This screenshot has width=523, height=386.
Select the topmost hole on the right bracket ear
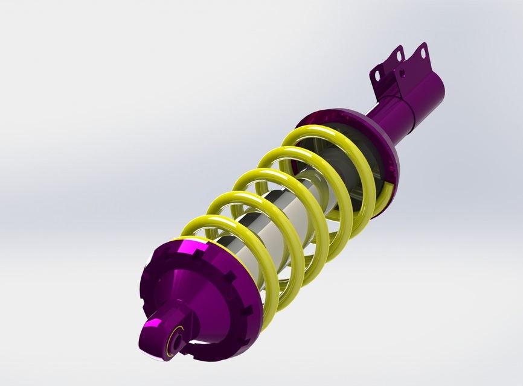(423, 53)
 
